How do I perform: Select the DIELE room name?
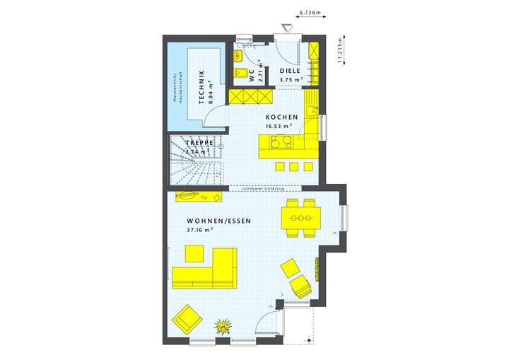[x=290, y=71]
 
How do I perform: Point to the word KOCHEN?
[x=281, y=117]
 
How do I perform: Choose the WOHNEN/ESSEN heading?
[x=219, y=221]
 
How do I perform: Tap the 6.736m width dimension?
[x=310, y=13]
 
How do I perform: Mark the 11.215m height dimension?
[x=339, y=51]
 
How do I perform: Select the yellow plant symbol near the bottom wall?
[x=224, y=326]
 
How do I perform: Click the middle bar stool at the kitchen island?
[x=293, y=167]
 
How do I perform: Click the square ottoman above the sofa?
[x=194, y=253]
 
